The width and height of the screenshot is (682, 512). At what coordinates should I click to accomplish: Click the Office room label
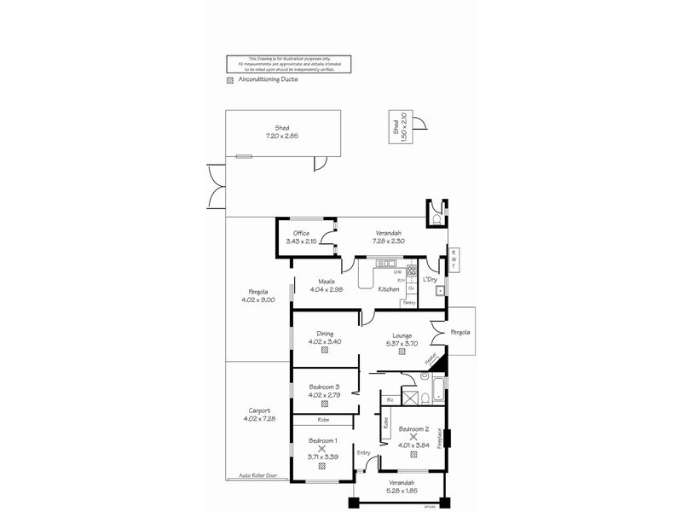pos(301,233)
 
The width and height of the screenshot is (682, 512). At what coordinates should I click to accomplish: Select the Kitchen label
pos(389,290)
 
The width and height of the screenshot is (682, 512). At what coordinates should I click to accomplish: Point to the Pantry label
pos(409,302)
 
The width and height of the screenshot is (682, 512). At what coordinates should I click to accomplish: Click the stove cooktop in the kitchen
pos(411,273)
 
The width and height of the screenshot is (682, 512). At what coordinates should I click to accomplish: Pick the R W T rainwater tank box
pos(454,259)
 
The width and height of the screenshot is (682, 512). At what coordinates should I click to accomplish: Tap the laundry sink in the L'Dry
pos(439,291)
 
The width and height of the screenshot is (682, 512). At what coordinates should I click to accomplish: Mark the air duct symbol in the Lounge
pos(402,352)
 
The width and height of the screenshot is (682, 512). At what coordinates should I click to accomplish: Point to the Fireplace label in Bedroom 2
pos(440,437)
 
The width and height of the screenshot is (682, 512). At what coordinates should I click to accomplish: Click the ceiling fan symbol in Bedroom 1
pos(322,448)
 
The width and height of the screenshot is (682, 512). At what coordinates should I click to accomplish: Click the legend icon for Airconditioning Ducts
pos(228,81)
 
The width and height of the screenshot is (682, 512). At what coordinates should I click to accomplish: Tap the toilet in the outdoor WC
pos(436,220)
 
